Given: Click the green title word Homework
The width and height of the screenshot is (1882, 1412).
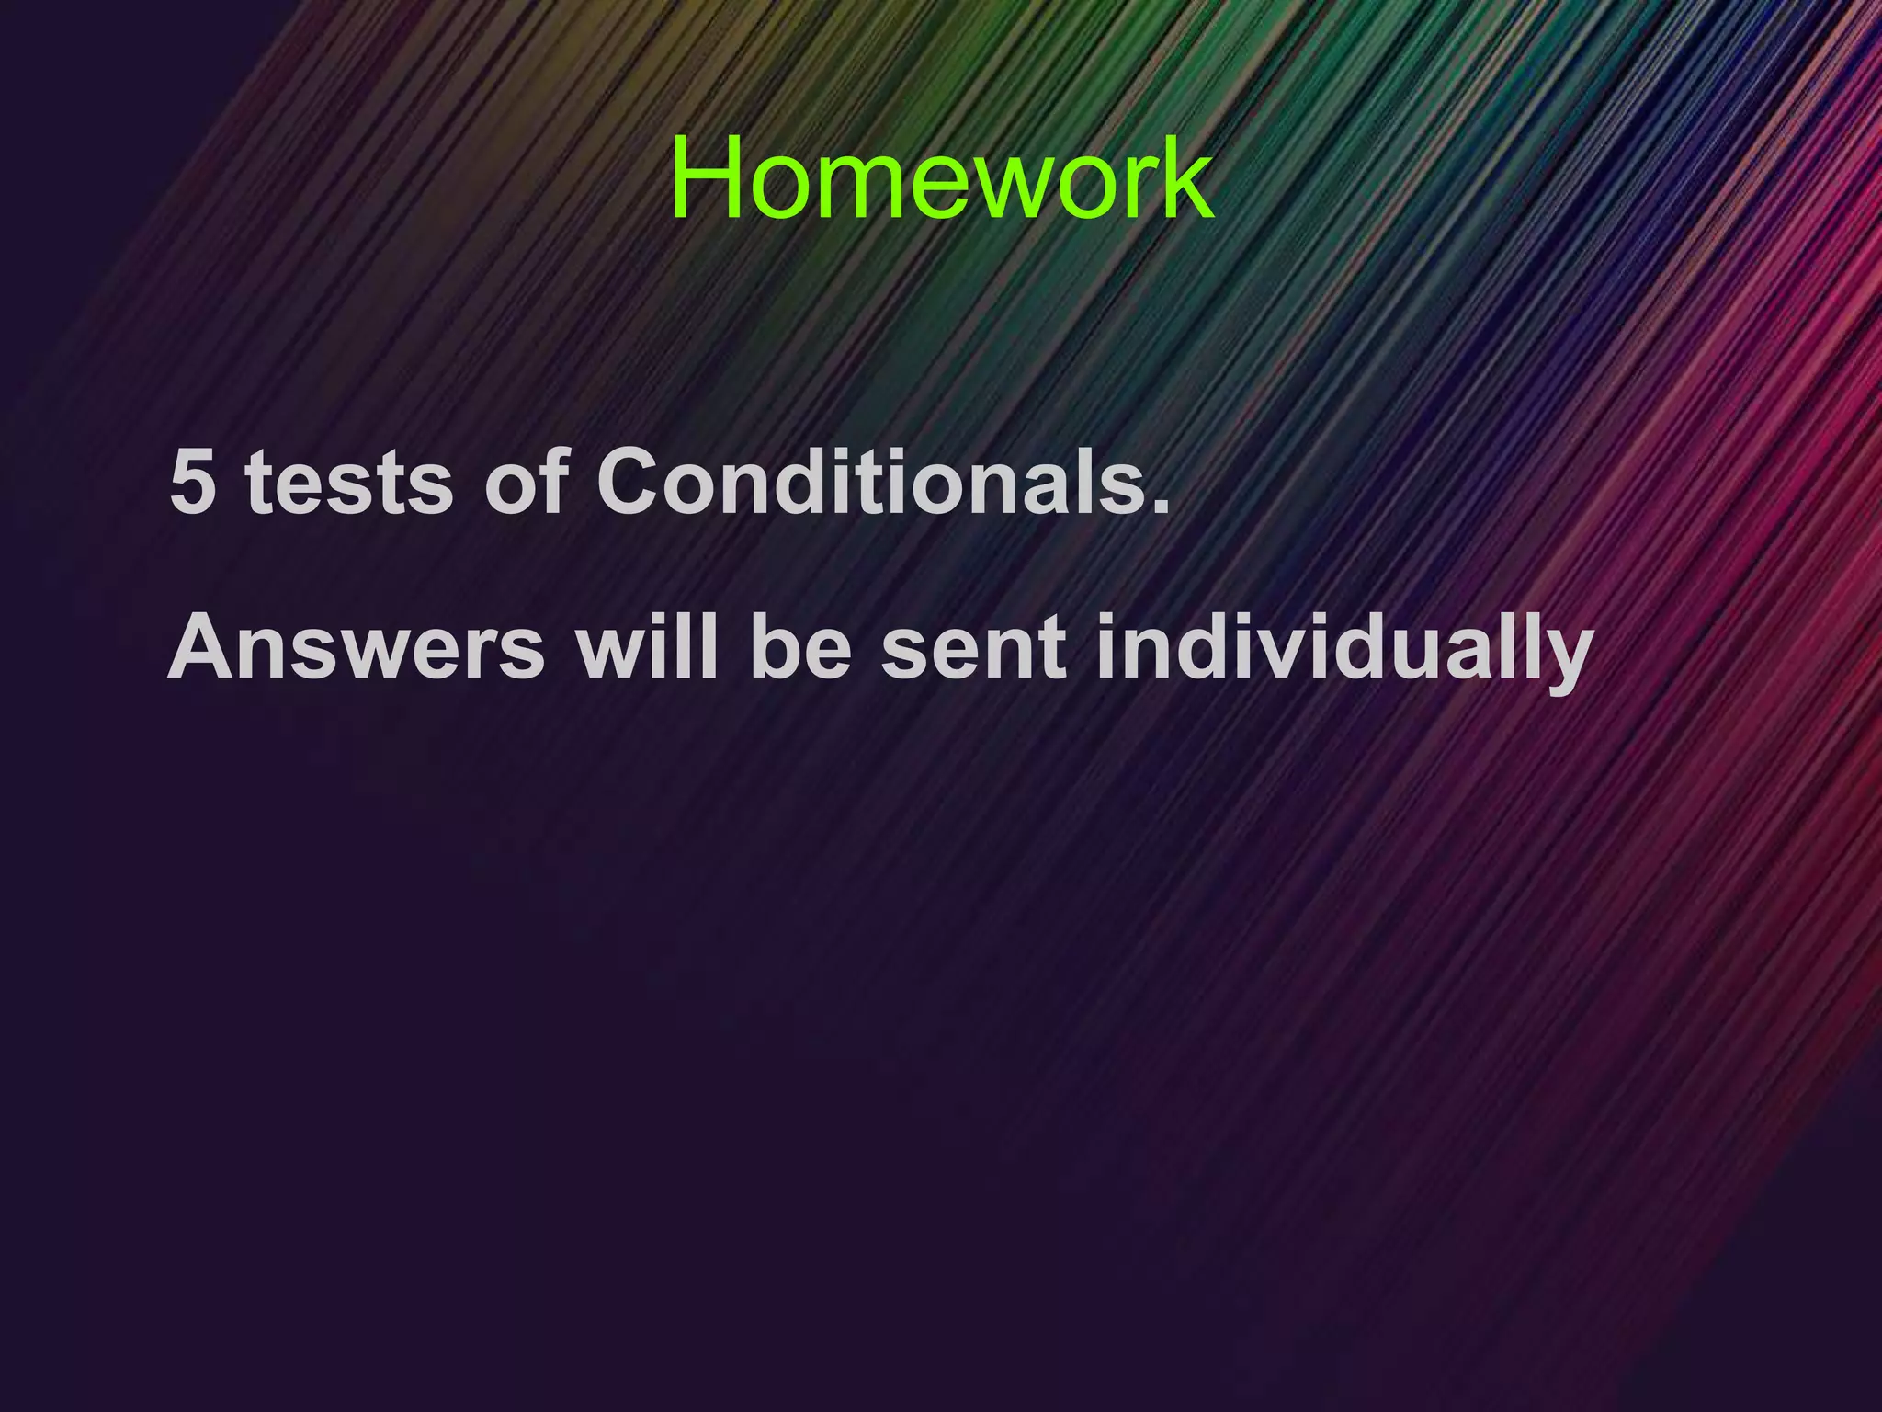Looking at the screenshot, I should (941, 178).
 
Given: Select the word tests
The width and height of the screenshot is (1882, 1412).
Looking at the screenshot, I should (350, 483).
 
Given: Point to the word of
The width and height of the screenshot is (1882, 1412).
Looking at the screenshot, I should (525, 483).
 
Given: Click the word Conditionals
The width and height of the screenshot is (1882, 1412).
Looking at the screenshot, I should (873, 483).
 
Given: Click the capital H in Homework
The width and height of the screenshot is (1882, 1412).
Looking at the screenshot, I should (708, 178).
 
